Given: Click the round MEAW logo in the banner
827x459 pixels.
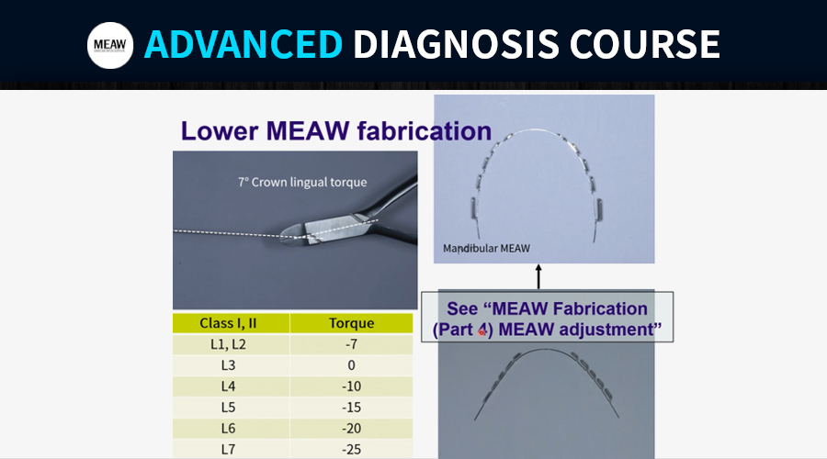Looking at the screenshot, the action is pyautogui.click(x=110, y=45).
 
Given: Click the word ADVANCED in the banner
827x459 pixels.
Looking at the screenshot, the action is pyautogui.click(x=244, y=44).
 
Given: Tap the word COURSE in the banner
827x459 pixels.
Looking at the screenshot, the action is pyautogui.click(x=644, y=44).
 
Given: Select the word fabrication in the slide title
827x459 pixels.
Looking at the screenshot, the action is pyautogui.click(x=424, y=130).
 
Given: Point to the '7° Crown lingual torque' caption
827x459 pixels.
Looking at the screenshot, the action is pyautogui.click(x=302, y=183).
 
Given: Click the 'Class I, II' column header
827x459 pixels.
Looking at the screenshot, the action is pyautogui.click(x=228, y=323).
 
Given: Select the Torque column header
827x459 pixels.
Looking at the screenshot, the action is pyautogui.click(x=351, y=323).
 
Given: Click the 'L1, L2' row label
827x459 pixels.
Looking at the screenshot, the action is pyautogui.click(x=228, y=344).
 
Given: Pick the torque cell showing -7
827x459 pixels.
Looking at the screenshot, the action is pyautogui.click(x=351, y=344).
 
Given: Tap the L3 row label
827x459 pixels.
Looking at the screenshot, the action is pyautogui.click(x=228, y=365).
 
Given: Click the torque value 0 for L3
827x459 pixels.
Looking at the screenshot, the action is pyautogui.click(x=351, y=365).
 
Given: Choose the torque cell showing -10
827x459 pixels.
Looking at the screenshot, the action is pyautogui.click(x=351, y=386).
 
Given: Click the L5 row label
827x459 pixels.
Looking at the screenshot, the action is pyautogui.click(x=228, y=408).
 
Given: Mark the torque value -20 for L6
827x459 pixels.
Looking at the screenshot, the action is pyautogui.click(x=351, y=429).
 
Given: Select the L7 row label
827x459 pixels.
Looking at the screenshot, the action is pyautogui.click(x=228, y=450).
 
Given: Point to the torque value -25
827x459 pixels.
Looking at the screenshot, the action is pyautogui.click(x=351, y=450).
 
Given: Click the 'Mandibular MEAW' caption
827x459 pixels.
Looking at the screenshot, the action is pyautogui.click(x=486, y=248).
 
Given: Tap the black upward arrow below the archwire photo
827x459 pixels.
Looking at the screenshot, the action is pyautogui.click(x=538, y=276).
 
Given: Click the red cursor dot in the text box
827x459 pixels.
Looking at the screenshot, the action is pyautogui.click(x=481, y=332).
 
